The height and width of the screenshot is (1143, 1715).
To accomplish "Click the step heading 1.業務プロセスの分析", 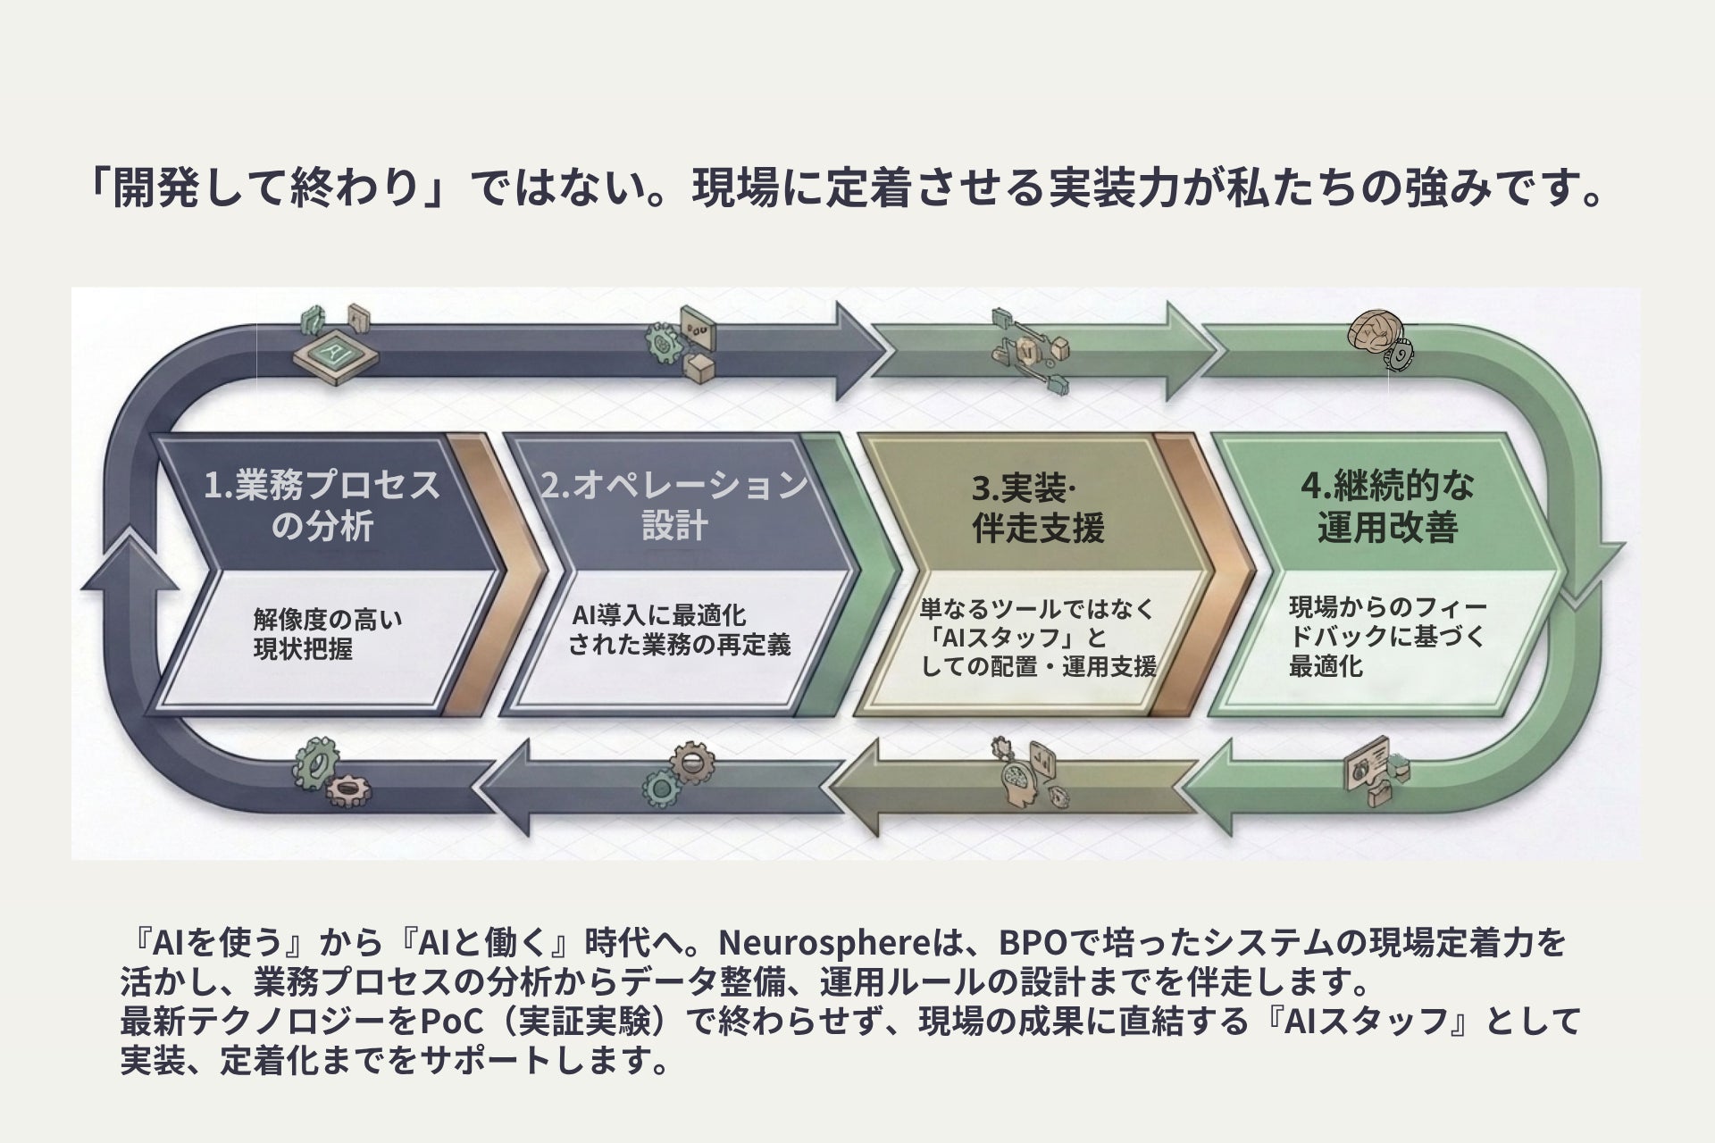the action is pyautogui.click(x=322, y=505).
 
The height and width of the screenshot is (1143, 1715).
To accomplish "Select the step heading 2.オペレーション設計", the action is pyautogui.click(x=674, y=505).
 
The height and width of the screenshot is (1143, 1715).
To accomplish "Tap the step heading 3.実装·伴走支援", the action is pyautogui.click(x=1038, y=508).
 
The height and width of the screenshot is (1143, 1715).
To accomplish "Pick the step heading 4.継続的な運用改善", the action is pyautogui.click(x=1387, y=506).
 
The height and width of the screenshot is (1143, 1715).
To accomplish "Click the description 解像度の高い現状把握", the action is pyautogui.click(x=327, y=633).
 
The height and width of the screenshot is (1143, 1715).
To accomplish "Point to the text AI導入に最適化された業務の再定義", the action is pyautogui.click(x=679, y=630).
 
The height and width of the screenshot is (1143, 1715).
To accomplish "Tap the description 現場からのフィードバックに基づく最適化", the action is pyautogui.click(x=1387, y=637).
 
